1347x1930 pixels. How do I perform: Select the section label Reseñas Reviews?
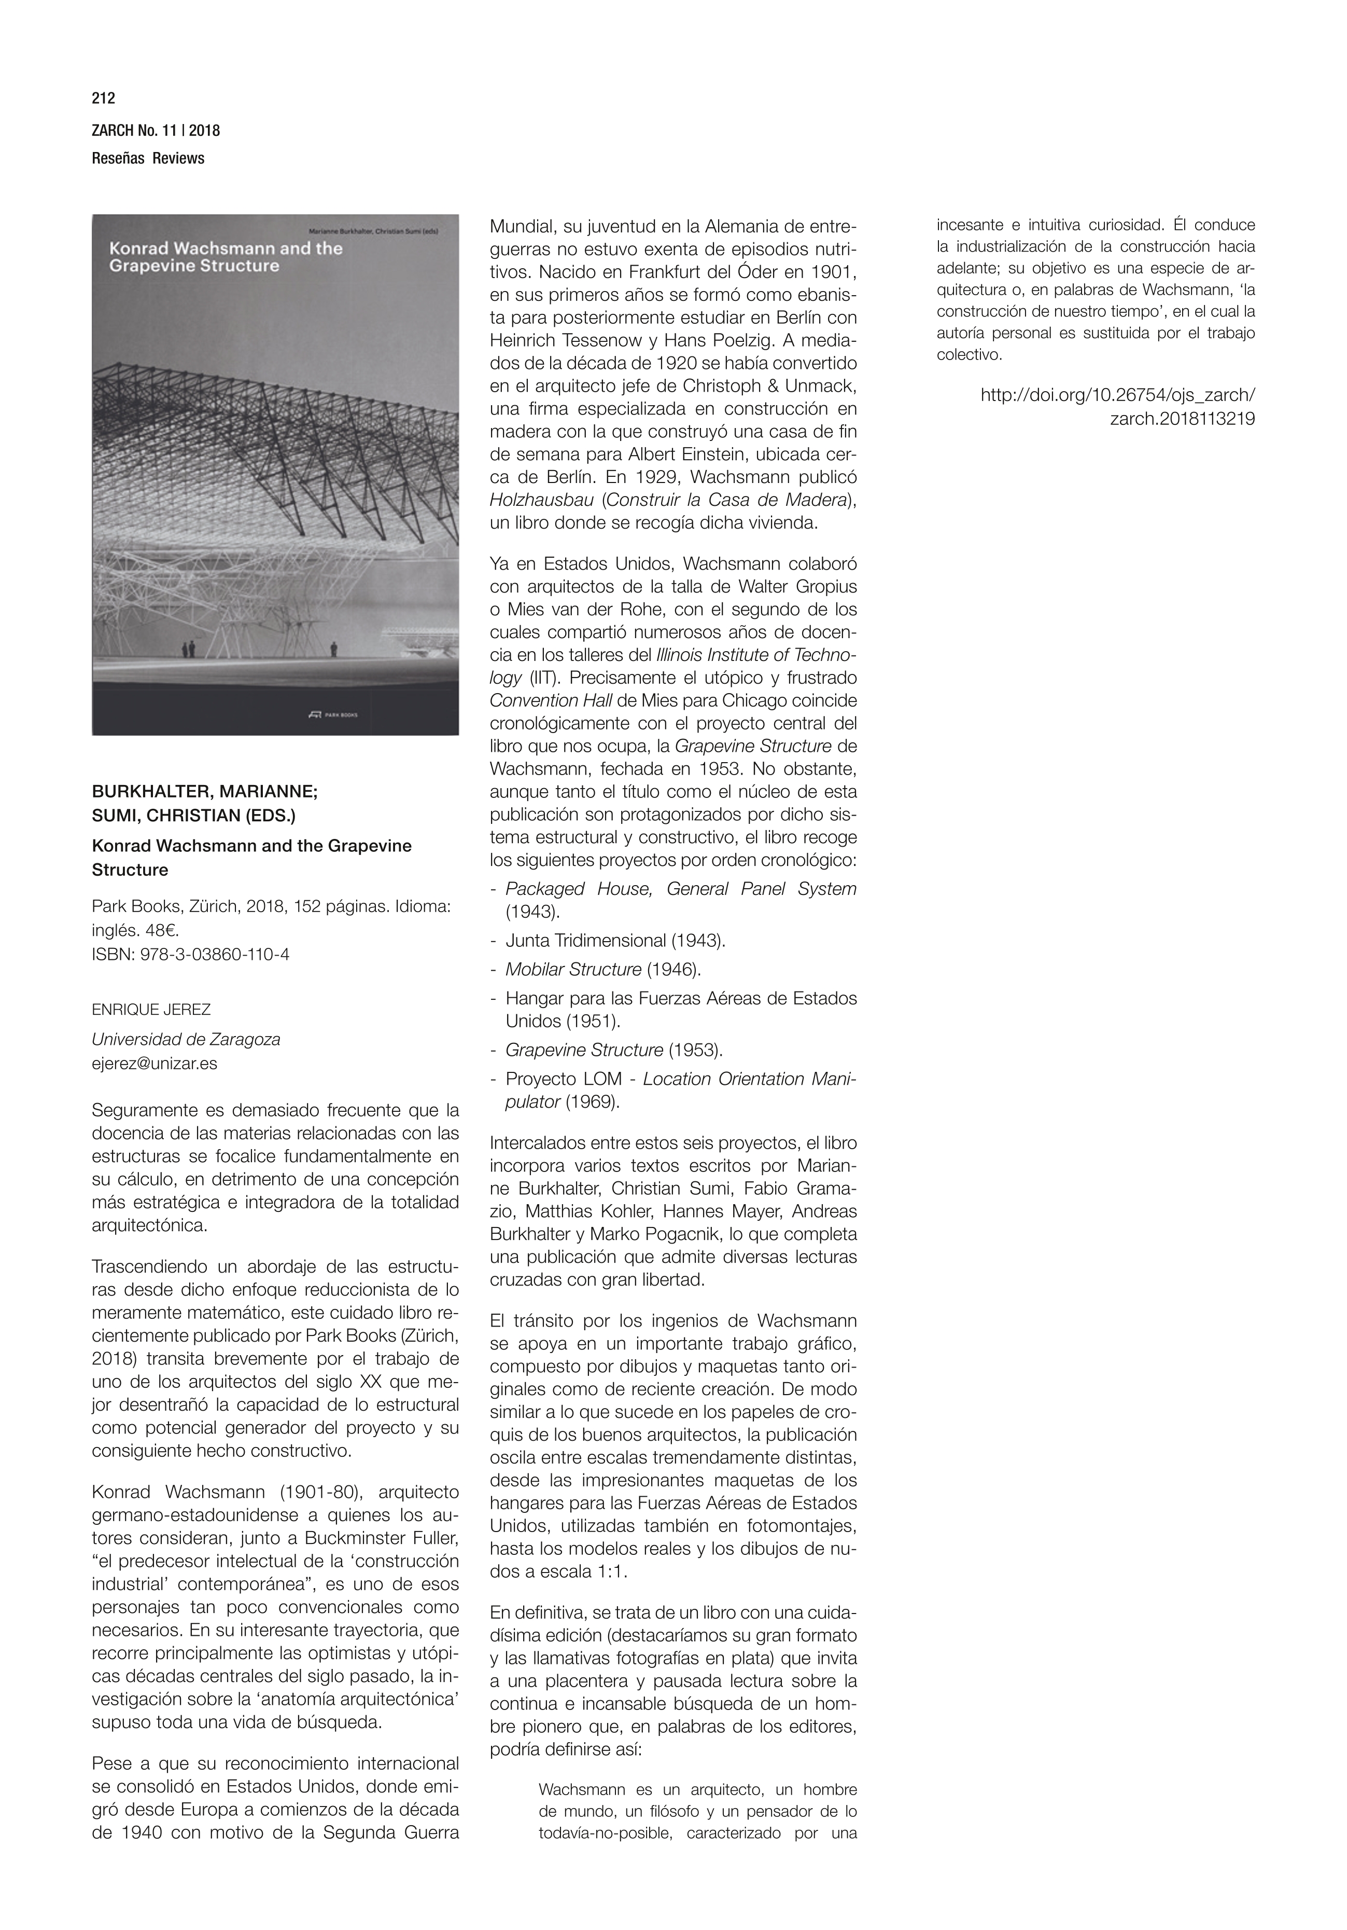148,158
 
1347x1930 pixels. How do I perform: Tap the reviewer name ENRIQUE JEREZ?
151,1010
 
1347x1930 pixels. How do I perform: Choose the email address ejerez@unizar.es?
155,1064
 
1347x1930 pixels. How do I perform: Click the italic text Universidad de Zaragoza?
186,1039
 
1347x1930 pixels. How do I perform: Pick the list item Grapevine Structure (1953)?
613,1050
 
